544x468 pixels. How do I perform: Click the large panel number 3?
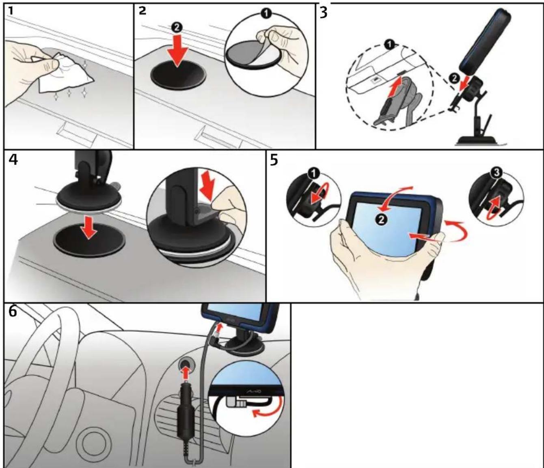(324, 13)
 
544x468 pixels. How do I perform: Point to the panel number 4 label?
(13, 159)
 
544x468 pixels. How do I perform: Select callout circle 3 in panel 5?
(497, 173)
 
